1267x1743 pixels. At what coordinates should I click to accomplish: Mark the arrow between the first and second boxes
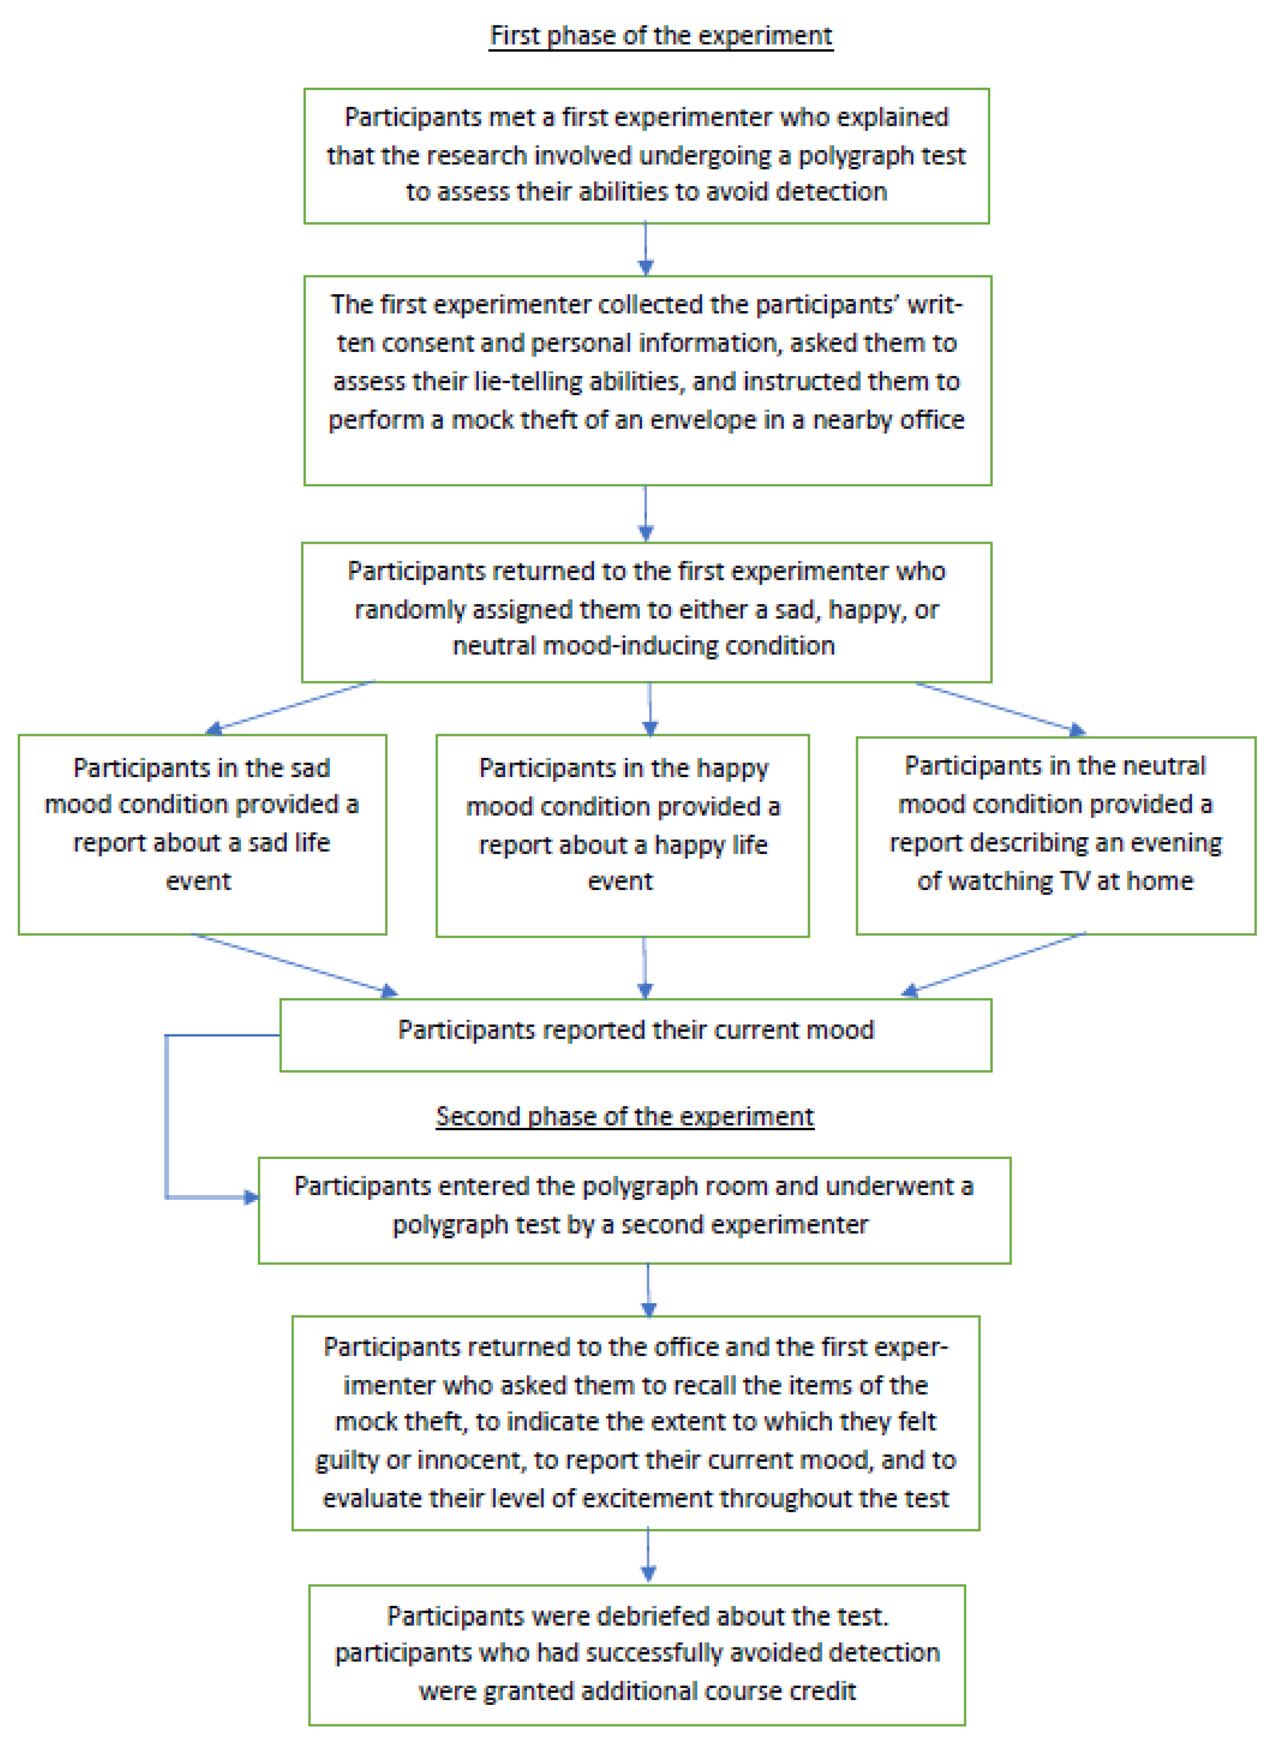pyautogui.click(x=646, y=248)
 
